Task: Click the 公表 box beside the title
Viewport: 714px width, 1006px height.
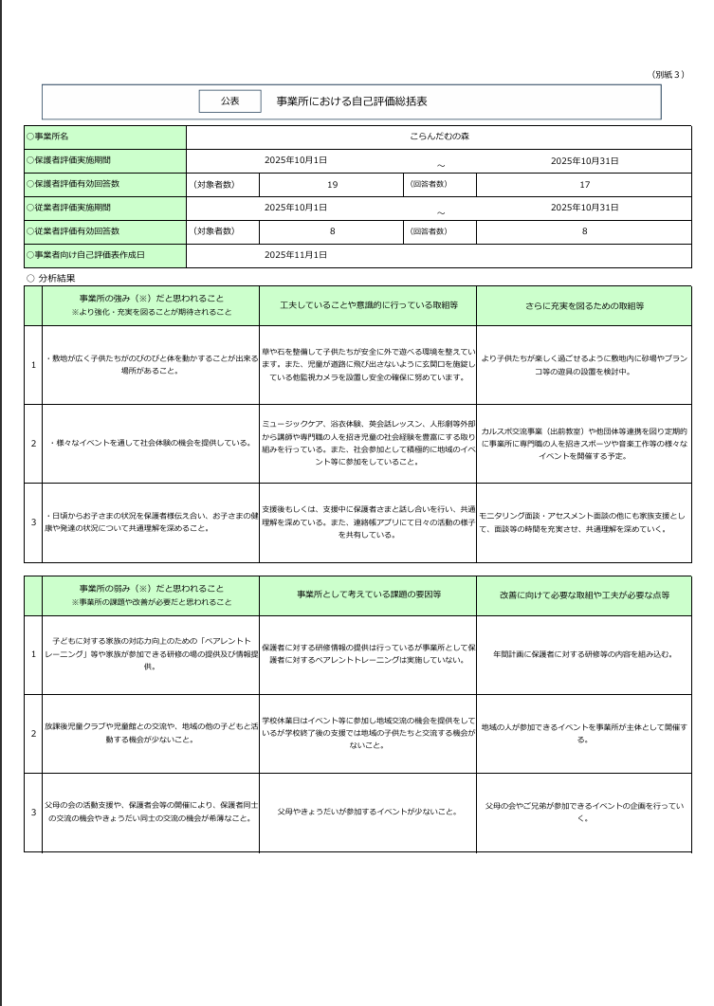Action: click(x=229, y=101)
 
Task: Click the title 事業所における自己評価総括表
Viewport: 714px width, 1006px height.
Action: click(x=351, y=101)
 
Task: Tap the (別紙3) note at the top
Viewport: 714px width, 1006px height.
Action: click(x=668, y=75)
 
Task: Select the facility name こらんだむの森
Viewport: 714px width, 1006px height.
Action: click(x=439, y=137)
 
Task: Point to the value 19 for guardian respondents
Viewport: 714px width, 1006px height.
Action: click(x=332, y=185)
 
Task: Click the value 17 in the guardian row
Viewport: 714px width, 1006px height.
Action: click(x=584, y=185)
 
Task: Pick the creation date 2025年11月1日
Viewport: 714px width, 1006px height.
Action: click(x=296, y=255)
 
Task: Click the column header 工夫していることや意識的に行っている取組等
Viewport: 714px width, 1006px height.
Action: click(x=368, y=306)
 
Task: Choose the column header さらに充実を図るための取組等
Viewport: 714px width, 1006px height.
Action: click(x=584, y=306)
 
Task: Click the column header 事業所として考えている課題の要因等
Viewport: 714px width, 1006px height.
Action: click(x=368, y=594)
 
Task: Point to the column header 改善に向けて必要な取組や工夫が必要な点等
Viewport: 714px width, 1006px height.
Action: click(x=584, y=594)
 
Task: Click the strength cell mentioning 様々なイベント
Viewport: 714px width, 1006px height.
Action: click(x=151, y=443)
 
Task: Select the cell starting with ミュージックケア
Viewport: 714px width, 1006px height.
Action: click(x=368, y=443)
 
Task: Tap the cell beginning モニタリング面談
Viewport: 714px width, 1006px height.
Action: click(x=584, y=522)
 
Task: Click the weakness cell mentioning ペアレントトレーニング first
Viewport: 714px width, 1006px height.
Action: click(x=151, y=654)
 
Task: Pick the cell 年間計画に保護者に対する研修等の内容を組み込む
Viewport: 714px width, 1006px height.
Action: click(x=584, y=654)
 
